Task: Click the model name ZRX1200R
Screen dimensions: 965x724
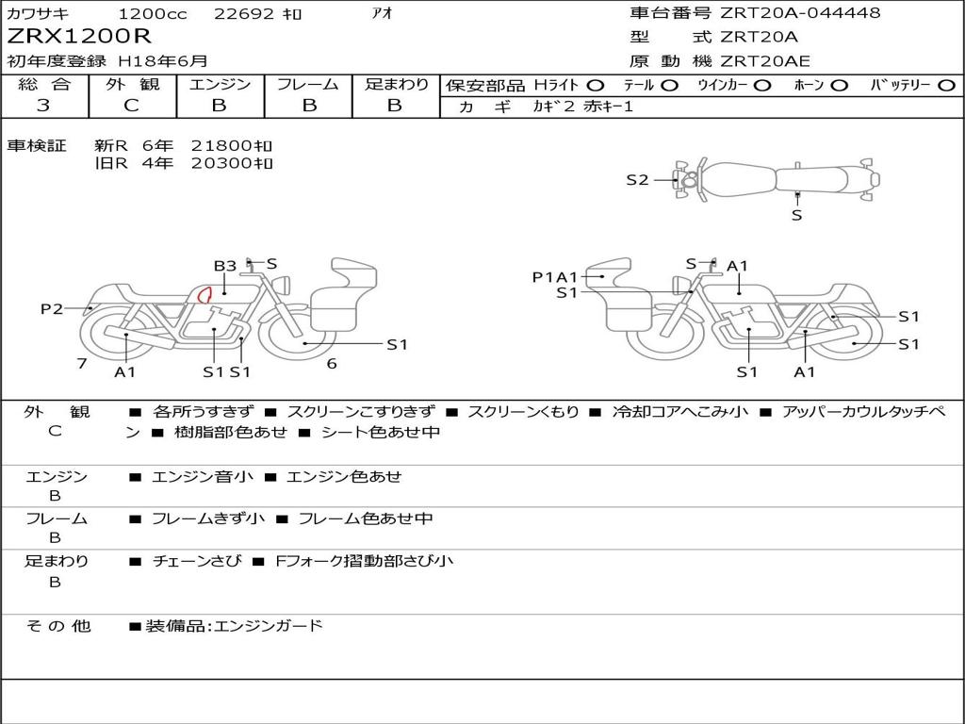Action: coord(79,37)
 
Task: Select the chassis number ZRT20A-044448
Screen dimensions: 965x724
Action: coord(800,12)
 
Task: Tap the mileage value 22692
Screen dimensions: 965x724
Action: coord(244,13)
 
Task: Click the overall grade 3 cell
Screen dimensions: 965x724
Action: coord(43,106)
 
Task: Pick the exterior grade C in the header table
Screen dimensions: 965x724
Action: coord(132,106)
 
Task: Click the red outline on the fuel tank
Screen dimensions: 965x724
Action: coord(204,295)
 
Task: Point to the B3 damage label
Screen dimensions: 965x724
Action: coord(224,266)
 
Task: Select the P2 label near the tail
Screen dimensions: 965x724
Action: coord(52,308)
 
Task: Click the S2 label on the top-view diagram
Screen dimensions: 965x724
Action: coord(638,180)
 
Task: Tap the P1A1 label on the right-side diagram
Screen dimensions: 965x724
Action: coord(555,278)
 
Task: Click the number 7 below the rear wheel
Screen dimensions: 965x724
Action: coord(82,364)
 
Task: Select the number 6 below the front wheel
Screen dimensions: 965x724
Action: coord(332,364)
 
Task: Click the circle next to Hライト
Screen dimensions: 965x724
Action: coord(596,86)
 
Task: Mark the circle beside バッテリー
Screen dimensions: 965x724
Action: coord(946,86)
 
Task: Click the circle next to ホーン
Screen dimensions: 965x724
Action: coord(840,86)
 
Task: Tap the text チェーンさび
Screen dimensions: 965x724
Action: coord(197,561)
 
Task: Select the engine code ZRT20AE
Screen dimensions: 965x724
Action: coord(765,61)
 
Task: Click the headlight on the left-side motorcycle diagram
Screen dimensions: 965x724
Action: coord(283,286)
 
